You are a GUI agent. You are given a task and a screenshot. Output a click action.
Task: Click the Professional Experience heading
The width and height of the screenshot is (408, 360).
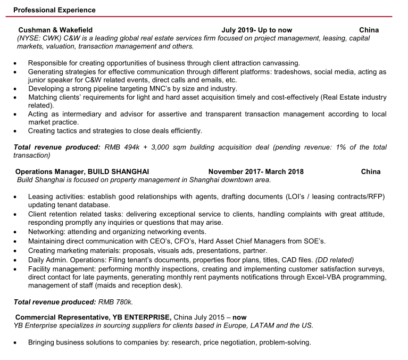(x=54, y=10)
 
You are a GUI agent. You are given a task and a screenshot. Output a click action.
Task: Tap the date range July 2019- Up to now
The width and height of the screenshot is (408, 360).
(x=256, y=30)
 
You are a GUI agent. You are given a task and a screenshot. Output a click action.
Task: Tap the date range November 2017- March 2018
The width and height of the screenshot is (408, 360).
(x=256, y=171)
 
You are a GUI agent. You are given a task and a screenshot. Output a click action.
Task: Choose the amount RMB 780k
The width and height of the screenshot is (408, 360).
(x=115, y=302)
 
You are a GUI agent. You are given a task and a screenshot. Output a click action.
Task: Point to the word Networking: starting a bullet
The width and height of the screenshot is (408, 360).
(x=48, y=232)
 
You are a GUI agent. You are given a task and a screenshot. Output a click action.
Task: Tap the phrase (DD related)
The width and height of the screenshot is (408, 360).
(x=335, y=259)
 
